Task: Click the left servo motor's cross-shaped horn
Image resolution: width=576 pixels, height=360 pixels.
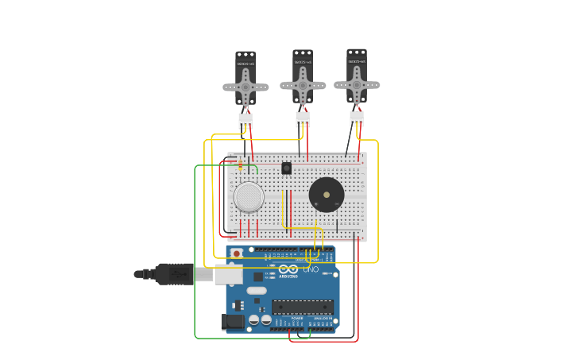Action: coord(245,87)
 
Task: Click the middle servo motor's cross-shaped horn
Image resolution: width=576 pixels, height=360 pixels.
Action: coord(303,84)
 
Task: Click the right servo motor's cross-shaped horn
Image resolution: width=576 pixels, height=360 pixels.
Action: coord(357,84)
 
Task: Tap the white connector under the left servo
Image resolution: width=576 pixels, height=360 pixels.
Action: coord(245,120)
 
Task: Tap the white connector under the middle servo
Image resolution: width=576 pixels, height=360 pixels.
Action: coord(303,118)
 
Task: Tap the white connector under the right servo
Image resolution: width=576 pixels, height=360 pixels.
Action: coord(357,118)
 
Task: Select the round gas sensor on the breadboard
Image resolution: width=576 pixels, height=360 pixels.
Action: coord(249,197)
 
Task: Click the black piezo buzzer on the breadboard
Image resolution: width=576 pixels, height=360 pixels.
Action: coord(327,195)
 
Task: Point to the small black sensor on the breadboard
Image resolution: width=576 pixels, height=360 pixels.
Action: coord(287,168)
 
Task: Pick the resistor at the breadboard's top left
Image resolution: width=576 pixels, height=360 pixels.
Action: coord(241,164)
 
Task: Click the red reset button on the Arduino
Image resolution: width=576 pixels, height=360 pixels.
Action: coord(236,254)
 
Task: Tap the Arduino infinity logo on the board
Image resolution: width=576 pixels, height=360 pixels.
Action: coord(289,270)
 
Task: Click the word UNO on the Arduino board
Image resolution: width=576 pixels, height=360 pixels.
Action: coord(311,269)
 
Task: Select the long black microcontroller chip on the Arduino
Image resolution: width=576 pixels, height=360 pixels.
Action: coord(303,307)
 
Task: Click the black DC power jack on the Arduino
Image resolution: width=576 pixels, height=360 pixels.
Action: coord(232,321)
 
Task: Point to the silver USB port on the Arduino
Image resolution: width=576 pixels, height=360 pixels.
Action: coord(229,274)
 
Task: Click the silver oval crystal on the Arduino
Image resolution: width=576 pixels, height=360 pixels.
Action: coord(257,291)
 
